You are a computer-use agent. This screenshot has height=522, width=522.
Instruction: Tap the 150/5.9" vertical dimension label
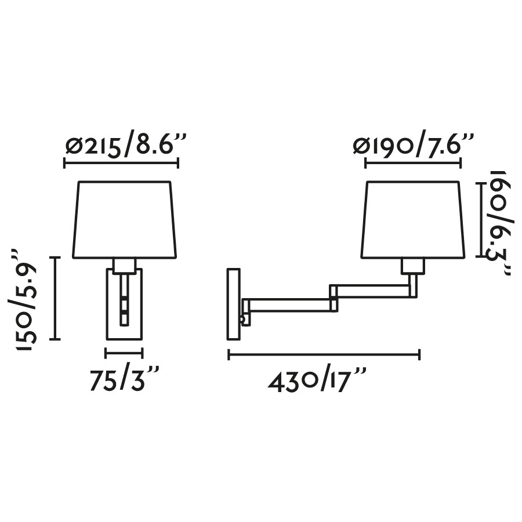tap(26, 299)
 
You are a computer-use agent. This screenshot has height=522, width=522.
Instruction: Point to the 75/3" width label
tap(124, 380)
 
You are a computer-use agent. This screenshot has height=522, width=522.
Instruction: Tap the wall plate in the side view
tap(234, 304)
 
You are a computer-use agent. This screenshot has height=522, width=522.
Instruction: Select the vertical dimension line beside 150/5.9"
tap(55, 298)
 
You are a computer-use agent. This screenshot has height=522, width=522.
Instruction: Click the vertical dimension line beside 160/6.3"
tap(480, 219)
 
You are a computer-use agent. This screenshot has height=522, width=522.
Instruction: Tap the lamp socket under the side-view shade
tap(413, 266)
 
